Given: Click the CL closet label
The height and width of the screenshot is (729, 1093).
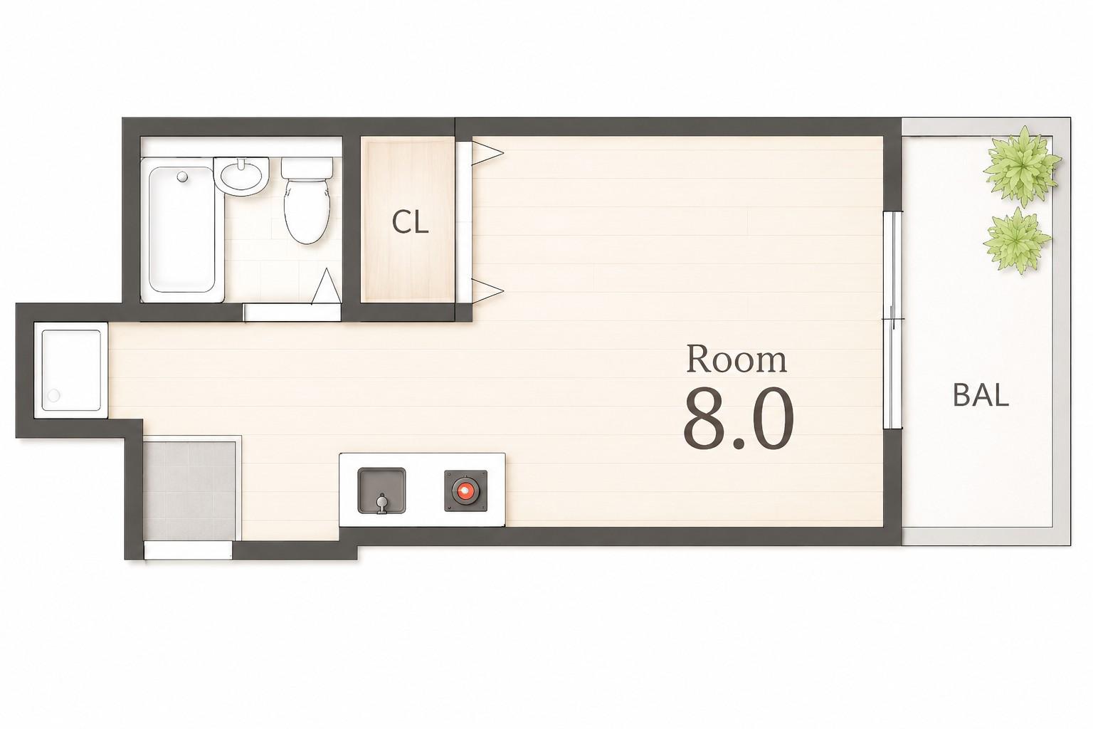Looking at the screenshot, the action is point(411,223).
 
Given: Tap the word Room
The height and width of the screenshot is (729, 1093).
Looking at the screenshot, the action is point(736,360).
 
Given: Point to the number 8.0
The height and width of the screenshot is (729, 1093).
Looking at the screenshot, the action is point(738,419).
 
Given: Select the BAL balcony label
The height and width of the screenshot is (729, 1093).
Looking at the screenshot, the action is point(981,396).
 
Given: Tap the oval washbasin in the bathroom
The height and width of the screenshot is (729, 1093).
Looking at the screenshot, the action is point(241,177).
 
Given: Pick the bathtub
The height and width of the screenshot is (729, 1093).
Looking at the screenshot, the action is point(182,229).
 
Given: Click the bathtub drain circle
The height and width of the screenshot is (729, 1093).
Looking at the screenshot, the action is point(183,177).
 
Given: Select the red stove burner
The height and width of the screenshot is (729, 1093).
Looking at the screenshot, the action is point(465,491).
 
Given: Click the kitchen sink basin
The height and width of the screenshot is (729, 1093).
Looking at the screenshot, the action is point(381,491).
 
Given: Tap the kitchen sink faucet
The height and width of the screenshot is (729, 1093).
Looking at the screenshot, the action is point(381,503).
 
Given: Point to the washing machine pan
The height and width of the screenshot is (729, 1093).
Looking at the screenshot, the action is point(71,370).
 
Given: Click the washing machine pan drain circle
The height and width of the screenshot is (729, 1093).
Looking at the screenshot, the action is point(53,395).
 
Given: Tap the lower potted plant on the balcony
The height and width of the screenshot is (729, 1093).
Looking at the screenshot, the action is point(1017,240).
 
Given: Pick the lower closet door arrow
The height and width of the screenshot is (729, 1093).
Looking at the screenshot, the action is point(487,291).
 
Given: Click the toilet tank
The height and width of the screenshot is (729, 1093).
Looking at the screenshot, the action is point(307,167).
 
